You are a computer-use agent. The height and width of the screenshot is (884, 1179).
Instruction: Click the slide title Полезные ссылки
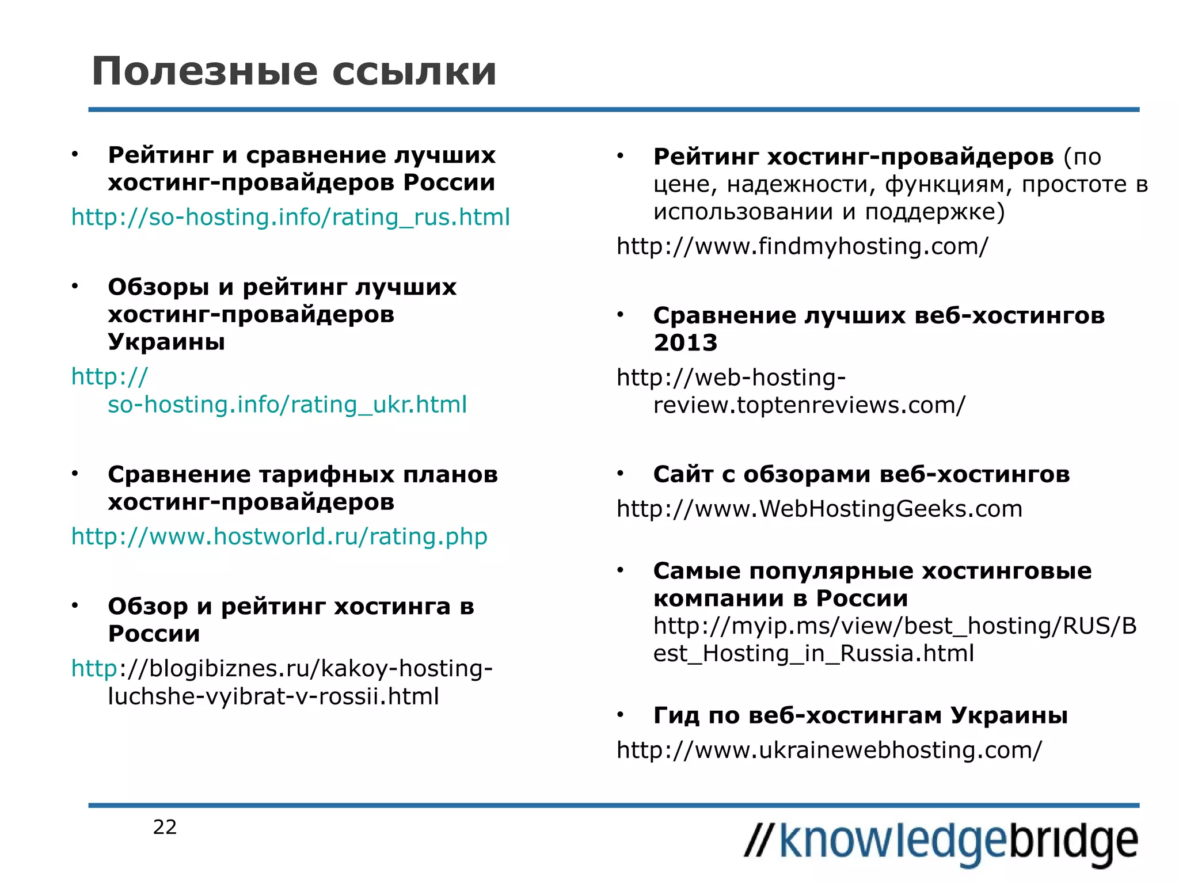294,72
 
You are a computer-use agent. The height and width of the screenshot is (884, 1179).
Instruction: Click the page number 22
165,827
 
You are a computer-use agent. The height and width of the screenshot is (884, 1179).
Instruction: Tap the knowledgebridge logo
941,842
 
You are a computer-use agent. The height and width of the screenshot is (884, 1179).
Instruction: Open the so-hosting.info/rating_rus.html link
290,218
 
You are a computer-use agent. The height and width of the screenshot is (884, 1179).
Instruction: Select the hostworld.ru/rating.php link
279,536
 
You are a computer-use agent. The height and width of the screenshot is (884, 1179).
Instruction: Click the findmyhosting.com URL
802,246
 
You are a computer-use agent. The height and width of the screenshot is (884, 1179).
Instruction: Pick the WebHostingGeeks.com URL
819,509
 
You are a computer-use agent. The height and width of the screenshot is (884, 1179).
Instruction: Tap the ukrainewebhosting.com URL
829,750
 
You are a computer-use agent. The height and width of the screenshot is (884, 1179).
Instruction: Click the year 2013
685,343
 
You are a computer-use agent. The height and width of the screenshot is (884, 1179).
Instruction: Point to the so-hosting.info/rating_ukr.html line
287,405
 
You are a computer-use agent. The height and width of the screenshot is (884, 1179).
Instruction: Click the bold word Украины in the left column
166,342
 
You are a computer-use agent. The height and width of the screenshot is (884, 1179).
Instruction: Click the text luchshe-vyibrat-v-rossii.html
273,696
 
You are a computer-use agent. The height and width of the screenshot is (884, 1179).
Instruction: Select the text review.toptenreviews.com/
809,405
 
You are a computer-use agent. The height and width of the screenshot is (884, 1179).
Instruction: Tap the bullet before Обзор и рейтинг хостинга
75,605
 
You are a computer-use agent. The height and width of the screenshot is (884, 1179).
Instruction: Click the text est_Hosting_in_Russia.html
813,654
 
